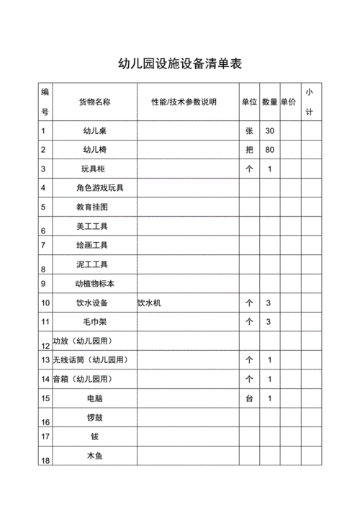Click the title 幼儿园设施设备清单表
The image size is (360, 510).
point(180,63)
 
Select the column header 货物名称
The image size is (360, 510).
point(95,102)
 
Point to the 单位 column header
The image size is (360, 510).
point(249,102)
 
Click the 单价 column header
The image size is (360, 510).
point(288,102)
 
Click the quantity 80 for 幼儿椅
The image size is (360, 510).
point(269,150)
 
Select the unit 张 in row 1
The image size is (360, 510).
point(249,131)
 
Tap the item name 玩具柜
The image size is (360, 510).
point(95,169)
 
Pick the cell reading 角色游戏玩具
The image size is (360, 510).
point(100,188)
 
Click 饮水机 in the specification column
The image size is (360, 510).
point(150,303)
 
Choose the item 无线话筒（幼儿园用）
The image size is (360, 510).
point(94,359)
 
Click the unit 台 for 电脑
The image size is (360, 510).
point(249,398)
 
